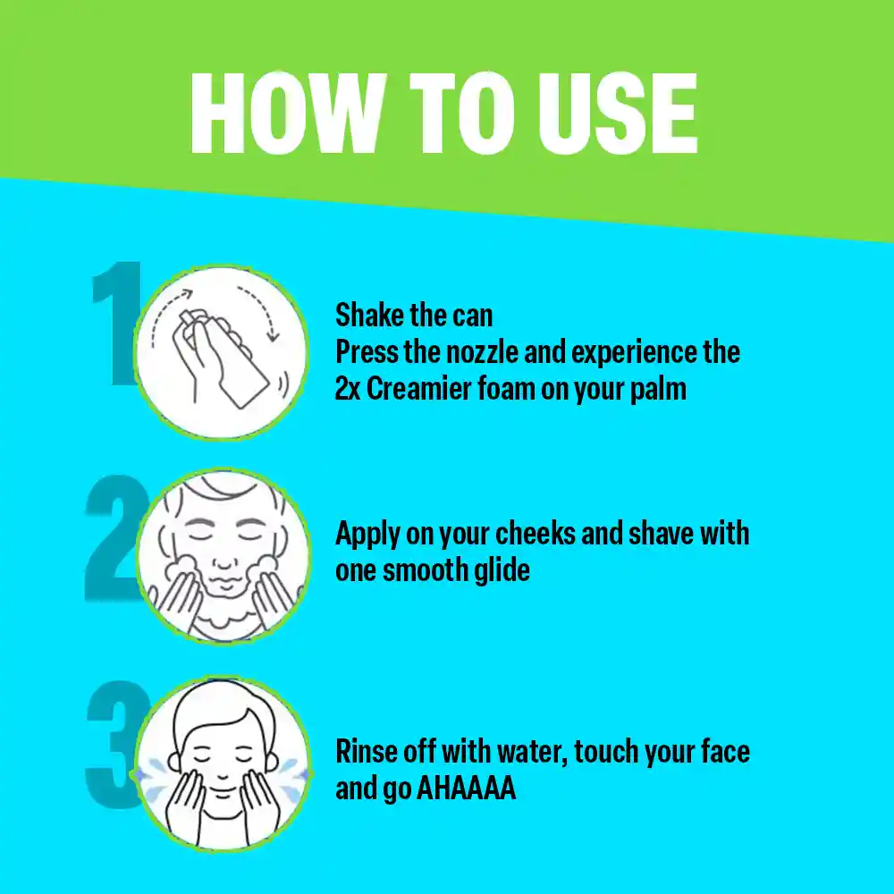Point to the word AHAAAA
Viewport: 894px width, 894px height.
(x=467, y=789)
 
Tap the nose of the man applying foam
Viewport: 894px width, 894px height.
(x=224, y=559)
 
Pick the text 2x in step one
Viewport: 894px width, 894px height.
(x=348, y=389)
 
